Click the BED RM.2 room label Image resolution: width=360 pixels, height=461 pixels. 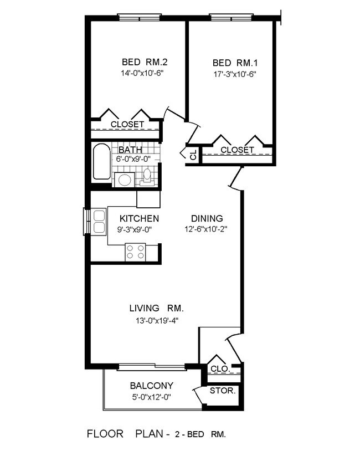coord(140,62)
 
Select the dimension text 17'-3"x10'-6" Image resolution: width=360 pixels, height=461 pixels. coord(233,73)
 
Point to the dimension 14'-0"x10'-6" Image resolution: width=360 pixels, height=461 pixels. coord(140,73)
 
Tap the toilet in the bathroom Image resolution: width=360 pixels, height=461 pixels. coord(147,176)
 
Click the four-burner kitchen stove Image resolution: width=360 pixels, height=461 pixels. coord(136,252)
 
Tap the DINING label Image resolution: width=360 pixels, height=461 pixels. coord(207,218)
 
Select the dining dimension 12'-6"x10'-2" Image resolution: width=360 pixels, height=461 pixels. coord(207,229)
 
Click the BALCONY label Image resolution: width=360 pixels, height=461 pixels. coord(151,386)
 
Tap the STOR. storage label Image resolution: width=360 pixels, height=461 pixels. coord(223,391)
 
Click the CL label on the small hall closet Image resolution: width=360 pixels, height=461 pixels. coord(193,155)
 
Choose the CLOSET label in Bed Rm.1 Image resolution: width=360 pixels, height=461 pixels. coord(237,150)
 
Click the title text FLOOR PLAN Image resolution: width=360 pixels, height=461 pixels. coord(124,434)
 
